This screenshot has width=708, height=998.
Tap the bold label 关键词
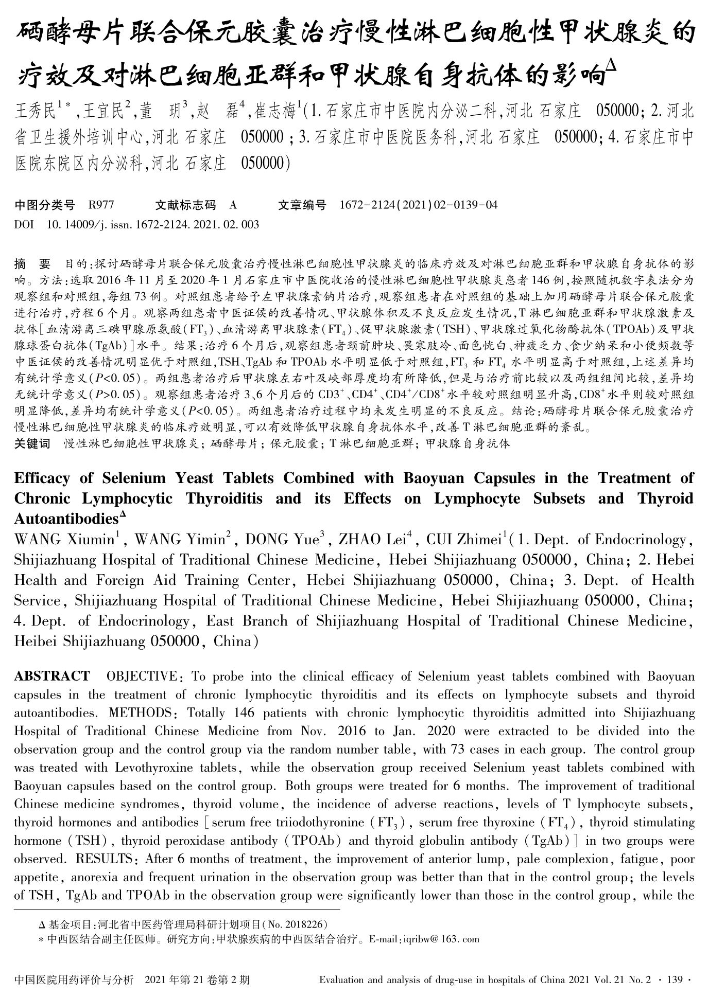click(32, 443)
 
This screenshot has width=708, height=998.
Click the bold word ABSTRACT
click(51, 676)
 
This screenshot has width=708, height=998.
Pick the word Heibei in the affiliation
click(34, 641)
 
